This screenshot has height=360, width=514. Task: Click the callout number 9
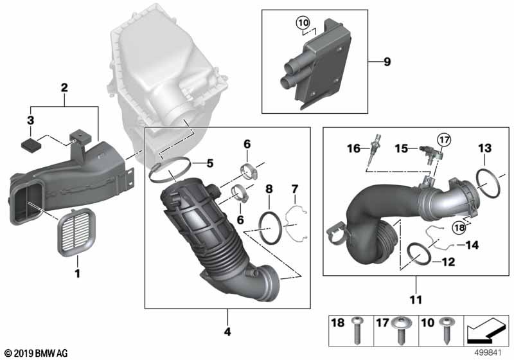coord(387,62)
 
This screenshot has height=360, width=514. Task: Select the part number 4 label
coord(226,332)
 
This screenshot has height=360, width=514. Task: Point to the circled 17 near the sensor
coord(445,139)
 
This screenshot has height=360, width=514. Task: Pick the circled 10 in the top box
coord(303,24)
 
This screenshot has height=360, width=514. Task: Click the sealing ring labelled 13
coord(490,184)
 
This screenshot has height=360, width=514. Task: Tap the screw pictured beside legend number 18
coord(357,332)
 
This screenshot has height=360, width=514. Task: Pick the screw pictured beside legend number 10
coord(447,332)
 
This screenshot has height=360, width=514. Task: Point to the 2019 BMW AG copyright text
coord(35,353)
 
